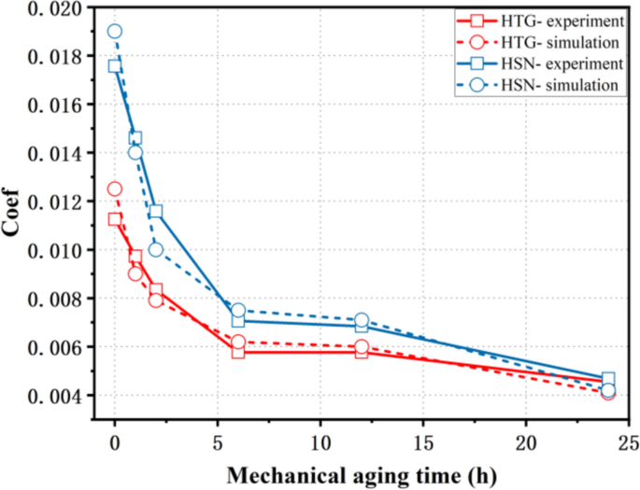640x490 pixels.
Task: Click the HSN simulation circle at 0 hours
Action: coord(114,31)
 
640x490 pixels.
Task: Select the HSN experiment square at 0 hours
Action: coord(114,66)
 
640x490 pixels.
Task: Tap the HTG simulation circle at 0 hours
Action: coord(114,189)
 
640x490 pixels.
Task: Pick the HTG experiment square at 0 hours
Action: coord(114,218)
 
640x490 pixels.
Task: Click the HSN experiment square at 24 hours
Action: coord(608,379)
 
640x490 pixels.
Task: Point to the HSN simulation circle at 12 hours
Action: coord(362,320)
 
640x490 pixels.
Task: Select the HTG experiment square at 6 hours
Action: coord(238,352)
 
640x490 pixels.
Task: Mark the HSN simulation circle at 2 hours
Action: coord(155,249)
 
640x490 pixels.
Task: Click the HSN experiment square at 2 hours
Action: coord(155,211)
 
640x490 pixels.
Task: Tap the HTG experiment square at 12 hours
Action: coord(362,352)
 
